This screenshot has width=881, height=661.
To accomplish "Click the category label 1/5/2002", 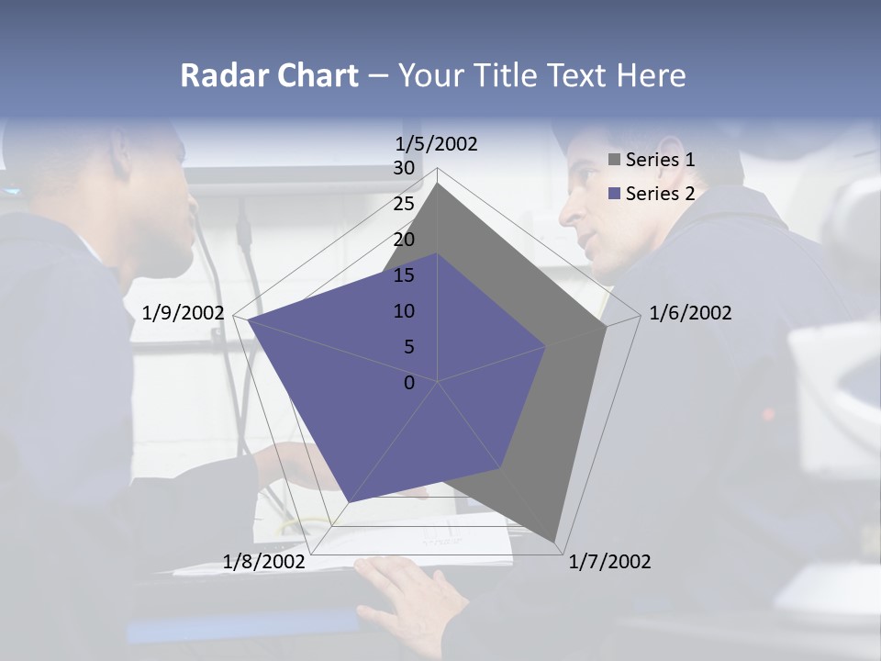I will [436, 143].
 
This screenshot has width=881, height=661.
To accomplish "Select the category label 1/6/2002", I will [690, 313].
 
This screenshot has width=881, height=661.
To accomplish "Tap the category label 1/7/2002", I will [609, 562].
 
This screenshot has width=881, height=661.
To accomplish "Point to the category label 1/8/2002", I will [264, 562].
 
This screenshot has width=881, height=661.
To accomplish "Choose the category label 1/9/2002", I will [183, 313].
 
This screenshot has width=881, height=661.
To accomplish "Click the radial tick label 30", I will [404, 168].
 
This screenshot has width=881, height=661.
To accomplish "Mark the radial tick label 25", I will [404, 204].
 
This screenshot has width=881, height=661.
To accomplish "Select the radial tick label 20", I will [404, 240].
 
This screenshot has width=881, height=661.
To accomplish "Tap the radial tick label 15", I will [404, 275].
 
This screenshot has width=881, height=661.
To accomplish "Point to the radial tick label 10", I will [404, 311].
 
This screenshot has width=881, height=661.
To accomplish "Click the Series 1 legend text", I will [660, 160].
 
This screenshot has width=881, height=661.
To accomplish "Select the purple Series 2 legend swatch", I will [614, 194].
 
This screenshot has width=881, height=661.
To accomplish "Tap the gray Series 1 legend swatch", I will [614, 160].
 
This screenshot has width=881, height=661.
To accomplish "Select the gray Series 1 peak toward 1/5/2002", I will [438, 184].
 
